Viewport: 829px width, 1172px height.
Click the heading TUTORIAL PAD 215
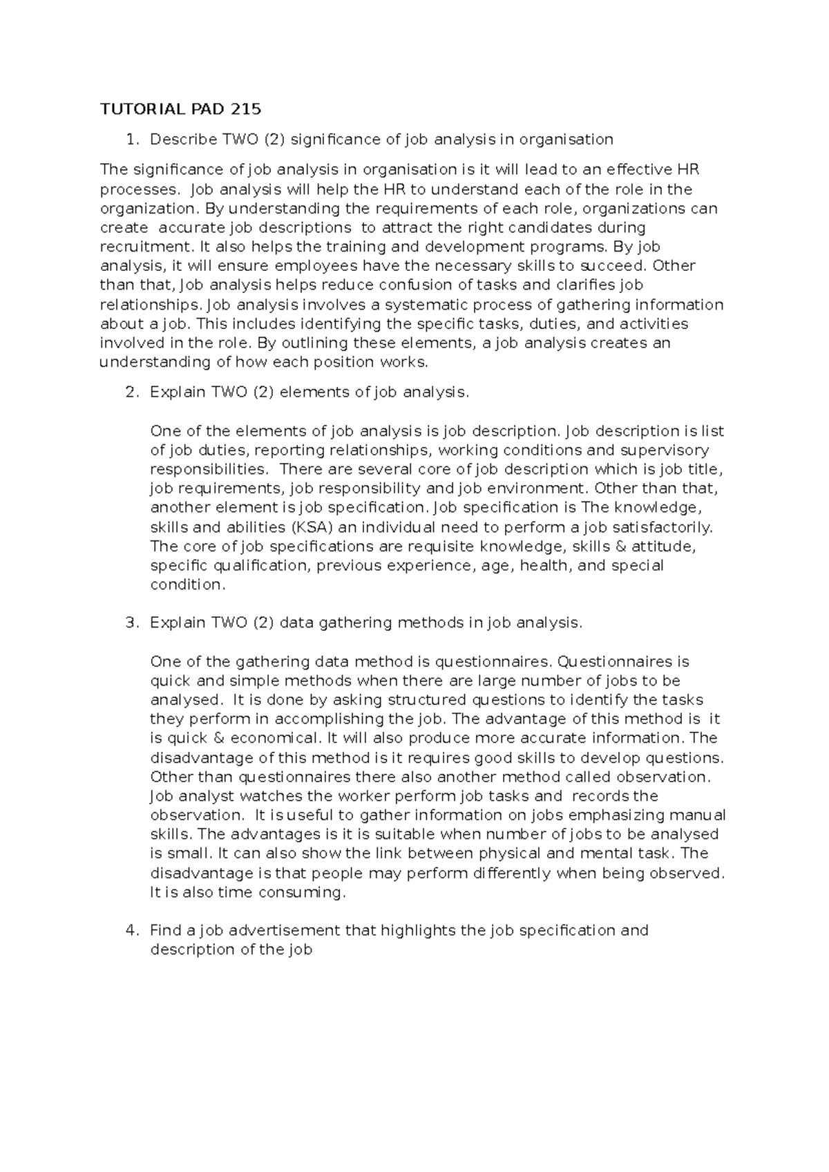pos(181,109)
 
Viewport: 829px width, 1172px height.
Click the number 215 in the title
pos(247,109)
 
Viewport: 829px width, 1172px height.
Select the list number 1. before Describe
pos(132,140)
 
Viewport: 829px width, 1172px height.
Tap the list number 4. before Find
pos(132,930)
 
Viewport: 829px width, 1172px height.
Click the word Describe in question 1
pos(182,140)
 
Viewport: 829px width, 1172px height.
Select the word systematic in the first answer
pos(422,305)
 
